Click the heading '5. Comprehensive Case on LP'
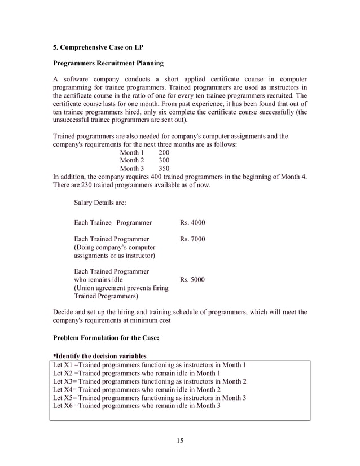point(99,48)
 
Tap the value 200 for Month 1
point(164,153)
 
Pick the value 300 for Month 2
point(164,161)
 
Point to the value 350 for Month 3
point(164,169)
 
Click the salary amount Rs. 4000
point(192,223)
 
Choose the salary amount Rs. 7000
point(192,240)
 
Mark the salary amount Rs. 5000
point(192,280)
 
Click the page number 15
point(180,441)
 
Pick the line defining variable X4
point(136,389)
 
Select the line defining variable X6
point(136,405)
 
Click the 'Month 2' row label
point(132,161)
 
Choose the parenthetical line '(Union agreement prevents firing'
point(121,288)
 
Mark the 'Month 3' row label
point(132,169)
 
